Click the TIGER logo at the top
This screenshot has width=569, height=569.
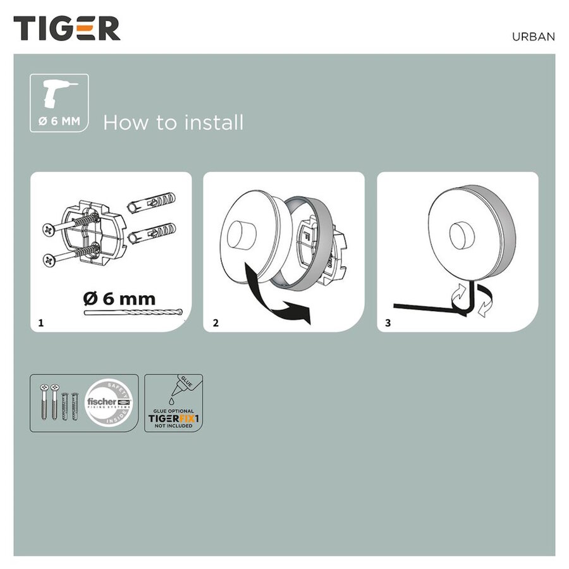point(67,29)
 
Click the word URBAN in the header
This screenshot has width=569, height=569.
point(533,37)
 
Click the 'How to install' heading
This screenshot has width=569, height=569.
point(173,122)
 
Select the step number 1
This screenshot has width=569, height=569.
point(41,323)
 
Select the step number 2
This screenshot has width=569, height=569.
point(216,323)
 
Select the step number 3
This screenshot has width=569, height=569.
point(388,323)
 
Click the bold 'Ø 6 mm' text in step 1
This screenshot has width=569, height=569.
point(119,298)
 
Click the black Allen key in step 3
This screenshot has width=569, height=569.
point(430,307)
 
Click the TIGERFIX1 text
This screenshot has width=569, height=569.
point(174,418)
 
